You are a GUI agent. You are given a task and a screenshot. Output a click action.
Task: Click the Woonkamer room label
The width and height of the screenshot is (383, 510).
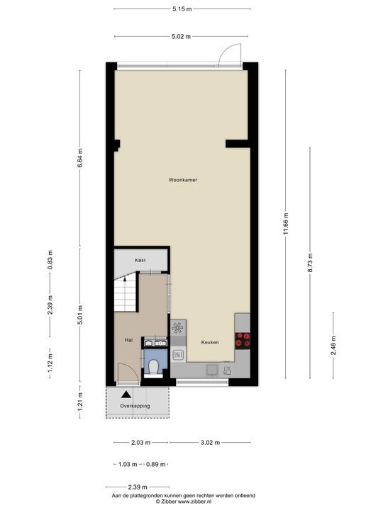[x=183, y=180]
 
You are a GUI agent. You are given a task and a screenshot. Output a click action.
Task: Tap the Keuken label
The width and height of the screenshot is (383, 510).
[x=210, y=342]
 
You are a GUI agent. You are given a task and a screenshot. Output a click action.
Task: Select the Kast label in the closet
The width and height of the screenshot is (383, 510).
[x=140, y=260]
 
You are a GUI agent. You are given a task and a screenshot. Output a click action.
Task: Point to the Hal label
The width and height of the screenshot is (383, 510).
[x=128, y=340]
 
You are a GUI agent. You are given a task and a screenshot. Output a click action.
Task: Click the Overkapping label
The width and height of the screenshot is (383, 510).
[x=135, y=406]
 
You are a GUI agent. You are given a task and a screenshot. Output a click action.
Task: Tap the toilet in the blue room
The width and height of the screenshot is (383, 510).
[x=152, y=367]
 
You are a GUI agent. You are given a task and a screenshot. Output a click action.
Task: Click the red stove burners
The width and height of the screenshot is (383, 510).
[x=243, y=341]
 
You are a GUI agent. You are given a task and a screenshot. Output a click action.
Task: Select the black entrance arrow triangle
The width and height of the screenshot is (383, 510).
[x=126, y=395]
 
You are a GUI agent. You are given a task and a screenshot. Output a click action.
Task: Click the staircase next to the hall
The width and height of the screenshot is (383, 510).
[x=125, y=292]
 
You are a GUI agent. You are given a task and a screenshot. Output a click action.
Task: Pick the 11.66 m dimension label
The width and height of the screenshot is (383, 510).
[x=286, y=224]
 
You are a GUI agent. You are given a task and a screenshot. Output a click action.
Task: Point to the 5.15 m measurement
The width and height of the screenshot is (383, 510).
[x=182, y=9]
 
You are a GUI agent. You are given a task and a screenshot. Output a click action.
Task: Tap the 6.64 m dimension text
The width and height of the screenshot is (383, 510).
[x=80, y=158]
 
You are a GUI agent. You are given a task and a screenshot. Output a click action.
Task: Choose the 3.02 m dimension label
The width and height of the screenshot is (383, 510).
[x=210, y=442]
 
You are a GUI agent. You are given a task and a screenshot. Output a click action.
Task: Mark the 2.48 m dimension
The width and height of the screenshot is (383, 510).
[x=333, y=346]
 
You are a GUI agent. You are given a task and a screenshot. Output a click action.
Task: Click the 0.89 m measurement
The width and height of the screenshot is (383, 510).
[x=155, y=464]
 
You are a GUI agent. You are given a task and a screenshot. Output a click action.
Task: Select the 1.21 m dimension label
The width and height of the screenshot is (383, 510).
[x=80, y=402]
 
